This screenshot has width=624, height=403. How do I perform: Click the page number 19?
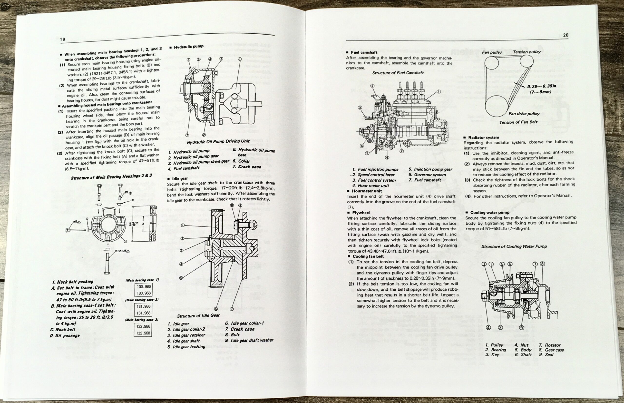point(63,39)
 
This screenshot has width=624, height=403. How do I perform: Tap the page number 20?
point(566,35)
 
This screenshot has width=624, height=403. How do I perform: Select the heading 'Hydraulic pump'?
point(188,47)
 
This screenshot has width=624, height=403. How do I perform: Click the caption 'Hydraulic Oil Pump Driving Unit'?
point(218,142)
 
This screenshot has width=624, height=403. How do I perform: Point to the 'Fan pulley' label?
point(492,52)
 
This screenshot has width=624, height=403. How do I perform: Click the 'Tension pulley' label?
point(526,52)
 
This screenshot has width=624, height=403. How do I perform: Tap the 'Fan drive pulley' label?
point(524,114)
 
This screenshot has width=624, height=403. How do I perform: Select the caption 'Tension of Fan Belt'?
point(518,122)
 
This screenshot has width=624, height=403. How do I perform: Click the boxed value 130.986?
point(144,286)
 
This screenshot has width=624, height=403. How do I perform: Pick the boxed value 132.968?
point(143,333)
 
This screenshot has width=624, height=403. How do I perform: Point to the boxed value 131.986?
point(144,306)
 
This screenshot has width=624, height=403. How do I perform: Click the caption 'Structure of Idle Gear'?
point(198,315)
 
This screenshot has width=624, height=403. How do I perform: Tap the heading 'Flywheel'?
point(361,213)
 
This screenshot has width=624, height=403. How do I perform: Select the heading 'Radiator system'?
point(484,138)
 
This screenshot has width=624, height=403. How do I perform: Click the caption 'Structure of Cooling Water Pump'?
point(514,246)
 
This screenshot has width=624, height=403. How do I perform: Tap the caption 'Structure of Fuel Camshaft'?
point(398,73)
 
